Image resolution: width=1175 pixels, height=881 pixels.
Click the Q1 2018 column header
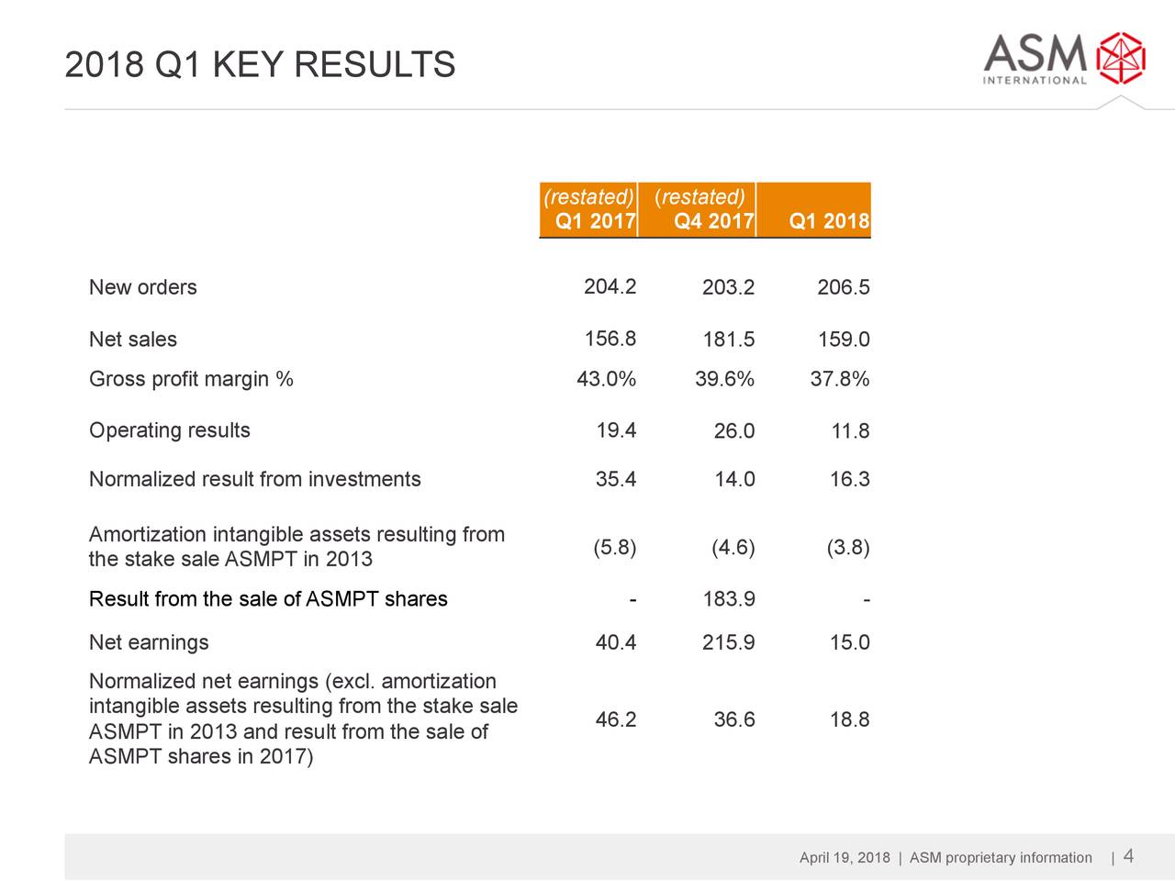click(829, 221)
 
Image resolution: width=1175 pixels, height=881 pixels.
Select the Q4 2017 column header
click(713, 221)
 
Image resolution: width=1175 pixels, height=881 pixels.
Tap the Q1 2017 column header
click(596, 221)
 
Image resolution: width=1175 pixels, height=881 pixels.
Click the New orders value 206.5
click(843, 288)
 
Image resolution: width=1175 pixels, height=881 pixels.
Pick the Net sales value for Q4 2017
click(728, 340)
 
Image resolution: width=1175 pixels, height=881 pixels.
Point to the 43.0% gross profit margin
click(606, 379)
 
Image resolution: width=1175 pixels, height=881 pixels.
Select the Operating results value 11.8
click(850, 431)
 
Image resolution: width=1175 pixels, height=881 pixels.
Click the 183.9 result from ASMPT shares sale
click(728, 599)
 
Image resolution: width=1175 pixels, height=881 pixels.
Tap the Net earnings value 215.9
click(728, 642)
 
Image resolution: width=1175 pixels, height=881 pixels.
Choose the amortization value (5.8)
click(614, 548)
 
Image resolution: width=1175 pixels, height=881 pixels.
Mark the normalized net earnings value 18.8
click(849, 719)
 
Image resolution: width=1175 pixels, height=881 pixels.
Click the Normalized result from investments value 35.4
click(615, 479)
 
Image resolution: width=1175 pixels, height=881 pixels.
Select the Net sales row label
click(133, 340)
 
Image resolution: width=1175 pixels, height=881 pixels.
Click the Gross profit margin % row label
click(191, 379)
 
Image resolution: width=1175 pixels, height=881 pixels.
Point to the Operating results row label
click(169, 430)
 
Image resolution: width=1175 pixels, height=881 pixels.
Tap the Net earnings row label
click(149, 642)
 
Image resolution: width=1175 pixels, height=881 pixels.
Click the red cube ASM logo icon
click(1122, 59)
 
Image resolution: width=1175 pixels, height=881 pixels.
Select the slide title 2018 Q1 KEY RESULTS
click(260, 65)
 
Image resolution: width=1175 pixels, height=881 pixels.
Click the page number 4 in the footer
click(1128, 856)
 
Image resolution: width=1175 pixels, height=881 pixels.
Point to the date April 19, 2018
click(845, 858)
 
